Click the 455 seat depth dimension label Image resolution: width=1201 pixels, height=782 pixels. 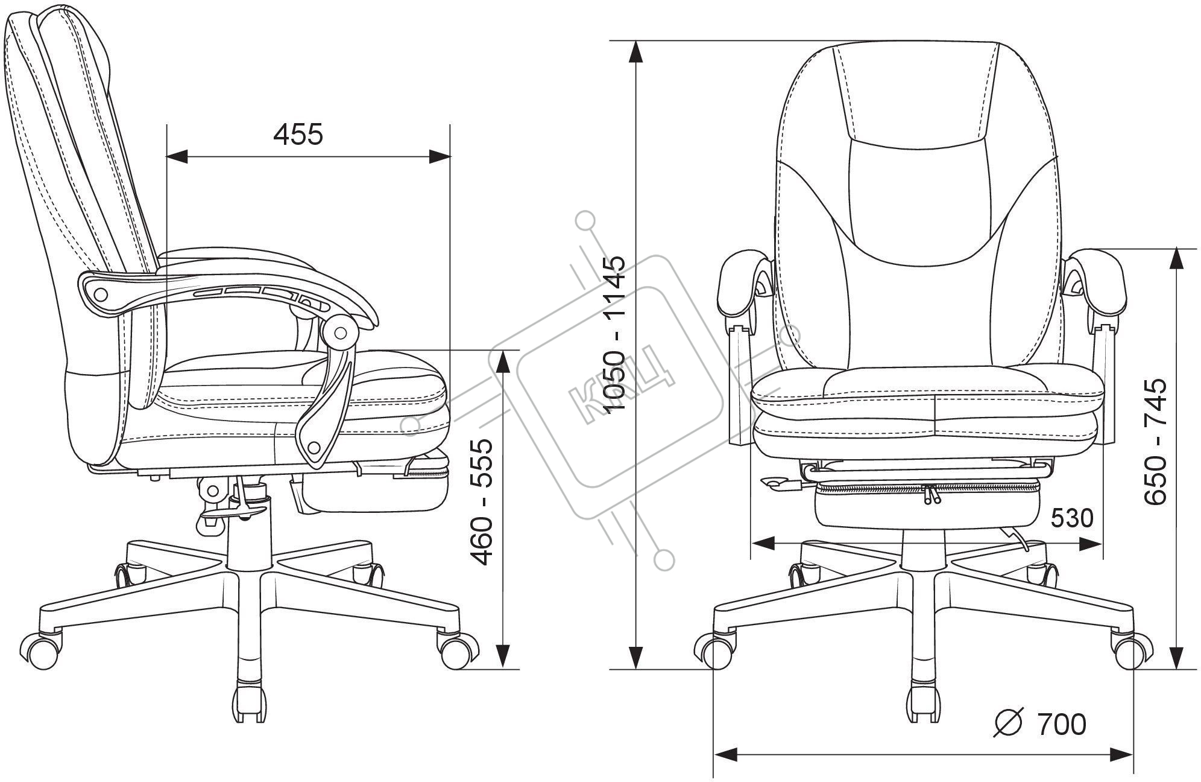click(298, 134)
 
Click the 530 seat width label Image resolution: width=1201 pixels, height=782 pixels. click(1071, 518)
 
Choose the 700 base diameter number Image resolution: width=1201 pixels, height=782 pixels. click(1061, 724)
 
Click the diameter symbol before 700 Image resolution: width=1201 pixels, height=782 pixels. click(1009, 723)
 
